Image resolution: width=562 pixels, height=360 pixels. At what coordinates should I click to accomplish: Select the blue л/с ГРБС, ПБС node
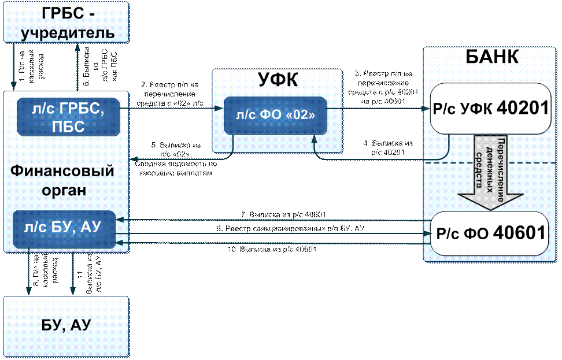point(68,116)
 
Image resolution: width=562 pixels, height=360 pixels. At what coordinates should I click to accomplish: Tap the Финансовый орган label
point(62,180)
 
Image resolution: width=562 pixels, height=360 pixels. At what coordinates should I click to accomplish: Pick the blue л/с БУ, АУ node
point(64,229)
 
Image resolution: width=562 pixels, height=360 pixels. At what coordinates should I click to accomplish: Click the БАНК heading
point(491,58)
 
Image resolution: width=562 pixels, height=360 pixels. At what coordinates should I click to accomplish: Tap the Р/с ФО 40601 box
point(489,233)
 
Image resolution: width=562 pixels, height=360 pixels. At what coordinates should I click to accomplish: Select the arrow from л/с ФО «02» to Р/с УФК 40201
point(376,107)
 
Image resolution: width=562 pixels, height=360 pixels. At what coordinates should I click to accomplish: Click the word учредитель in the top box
point(68,32)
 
